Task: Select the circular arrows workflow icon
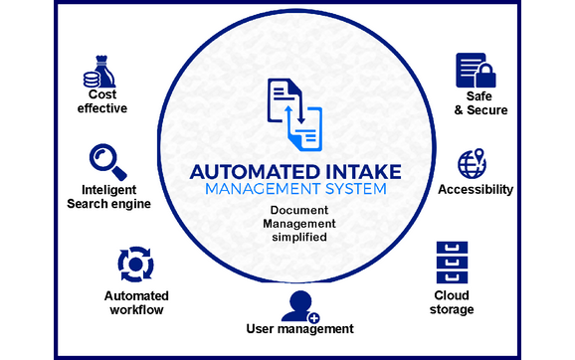tap(135, 264)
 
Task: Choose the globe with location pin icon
tap(471, 163)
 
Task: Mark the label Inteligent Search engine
tap(108, 197)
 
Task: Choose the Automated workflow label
tap(136, 303)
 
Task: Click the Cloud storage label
tap(454, 302)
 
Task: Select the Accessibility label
tap(476, 190)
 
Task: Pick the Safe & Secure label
tap(475, 103)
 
